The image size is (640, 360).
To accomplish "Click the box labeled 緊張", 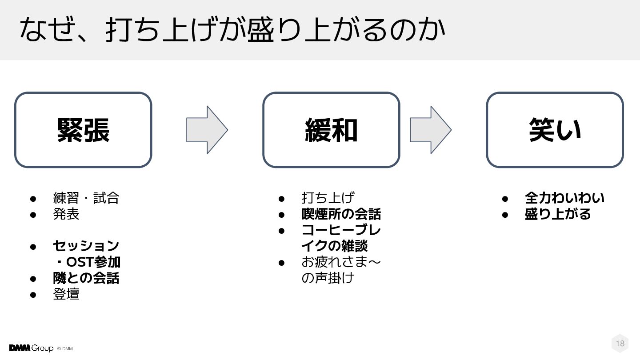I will [83, 130].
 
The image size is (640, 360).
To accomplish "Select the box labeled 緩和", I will [331, 130].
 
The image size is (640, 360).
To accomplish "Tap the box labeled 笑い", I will [555, 130].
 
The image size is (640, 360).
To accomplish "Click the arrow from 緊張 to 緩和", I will [207, 130].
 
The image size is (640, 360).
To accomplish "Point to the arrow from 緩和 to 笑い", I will [430, 130].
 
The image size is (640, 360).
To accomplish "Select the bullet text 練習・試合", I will [86, 198].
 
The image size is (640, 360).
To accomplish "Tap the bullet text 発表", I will [66, 214].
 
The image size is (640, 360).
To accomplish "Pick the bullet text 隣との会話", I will [86, 278].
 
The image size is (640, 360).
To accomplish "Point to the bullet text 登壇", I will [66, 294].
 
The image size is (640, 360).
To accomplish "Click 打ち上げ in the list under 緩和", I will [328, 198].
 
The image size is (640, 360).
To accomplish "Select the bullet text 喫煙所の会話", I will [341, 214].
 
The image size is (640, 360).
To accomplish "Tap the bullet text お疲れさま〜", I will [341, 262].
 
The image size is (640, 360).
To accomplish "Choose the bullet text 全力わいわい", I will [564, 198].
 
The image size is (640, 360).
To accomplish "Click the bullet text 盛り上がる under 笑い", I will [558, 214].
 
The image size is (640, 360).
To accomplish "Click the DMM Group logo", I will [31, 348].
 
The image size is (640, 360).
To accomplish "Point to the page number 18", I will [620, 343].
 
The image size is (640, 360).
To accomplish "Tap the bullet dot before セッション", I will [32, 246].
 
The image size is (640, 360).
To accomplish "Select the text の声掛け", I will [328, 278].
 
